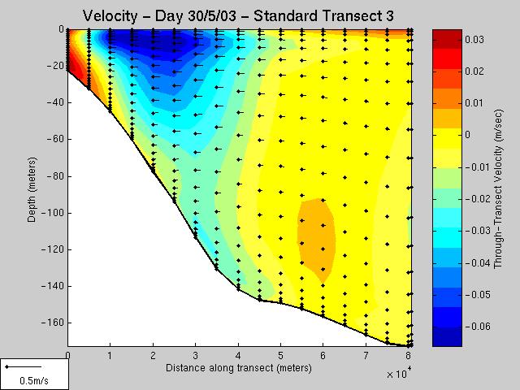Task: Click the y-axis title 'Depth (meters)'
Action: click(32, 189)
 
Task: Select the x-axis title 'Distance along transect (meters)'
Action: click(238, 368)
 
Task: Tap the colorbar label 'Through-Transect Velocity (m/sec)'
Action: click(498, 189)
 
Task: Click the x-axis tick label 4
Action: click(238, 356)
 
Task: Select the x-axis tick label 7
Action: click(366, 356)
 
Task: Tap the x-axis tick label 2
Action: click(153, 356)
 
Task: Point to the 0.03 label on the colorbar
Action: click(474, 40)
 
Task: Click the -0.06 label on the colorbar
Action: click(478, 327)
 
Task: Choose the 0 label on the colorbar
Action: click(468, 135)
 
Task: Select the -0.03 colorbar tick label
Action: click(478, 230)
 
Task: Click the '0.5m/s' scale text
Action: click(34, 380)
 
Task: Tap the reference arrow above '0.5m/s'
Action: click(24, 366)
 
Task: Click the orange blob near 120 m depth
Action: click(316, 239)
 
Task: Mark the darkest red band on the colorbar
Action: click(447, 39)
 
